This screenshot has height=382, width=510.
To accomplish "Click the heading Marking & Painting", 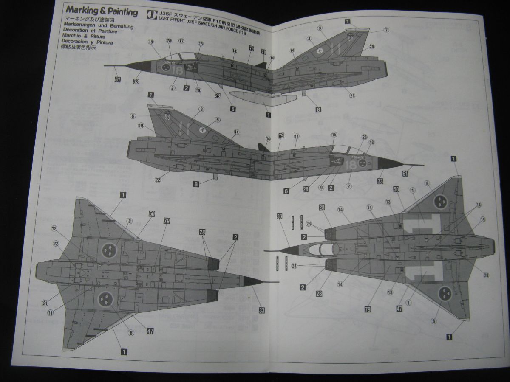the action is click(x=102, y=11).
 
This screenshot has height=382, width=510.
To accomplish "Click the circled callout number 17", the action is click(x=181, y=41).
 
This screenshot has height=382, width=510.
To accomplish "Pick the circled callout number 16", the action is click(x=201, y=44).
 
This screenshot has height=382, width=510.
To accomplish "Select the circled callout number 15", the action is click(x=334, y=135).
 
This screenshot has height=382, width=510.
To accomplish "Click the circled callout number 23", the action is click(x=309, y=224).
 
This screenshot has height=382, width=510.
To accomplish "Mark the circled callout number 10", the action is click(x=198, y=90).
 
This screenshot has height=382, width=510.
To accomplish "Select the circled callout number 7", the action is click(x=386, y=30).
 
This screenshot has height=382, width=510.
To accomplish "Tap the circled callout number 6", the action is click(x=133, y=115).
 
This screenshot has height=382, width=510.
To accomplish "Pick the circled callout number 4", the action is click(x=310, y=39).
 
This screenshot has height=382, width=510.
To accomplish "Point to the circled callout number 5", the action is click(x=218, y=120).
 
